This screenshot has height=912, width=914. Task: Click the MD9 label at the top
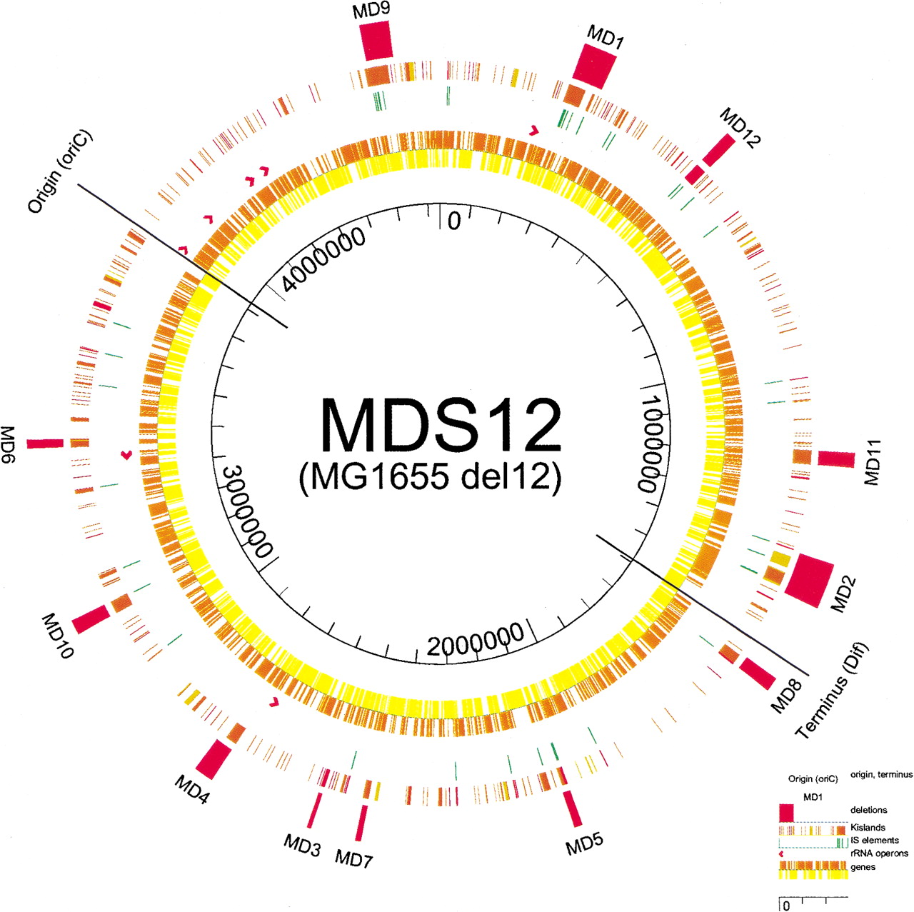coord(371,11)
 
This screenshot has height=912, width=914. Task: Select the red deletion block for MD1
coord(594,66)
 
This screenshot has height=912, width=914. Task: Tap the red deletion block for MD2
coord(809,580)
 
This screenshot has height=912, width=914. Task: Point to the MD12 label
coord(740,127)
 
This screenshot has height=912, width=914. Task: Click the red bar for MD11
coord(836,459)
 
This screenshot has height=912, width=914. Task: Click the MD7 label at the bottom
coord(354,858)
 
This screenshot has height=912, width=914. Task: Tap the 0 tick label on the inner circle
coord(454,221)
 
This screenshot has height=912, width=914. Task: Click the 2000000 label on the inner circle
coord(476,640)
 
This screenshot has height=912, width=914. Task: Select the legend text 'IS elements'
coord(874,840)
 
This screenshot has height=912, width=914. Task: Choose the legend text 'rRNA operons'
coord(879,853)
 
